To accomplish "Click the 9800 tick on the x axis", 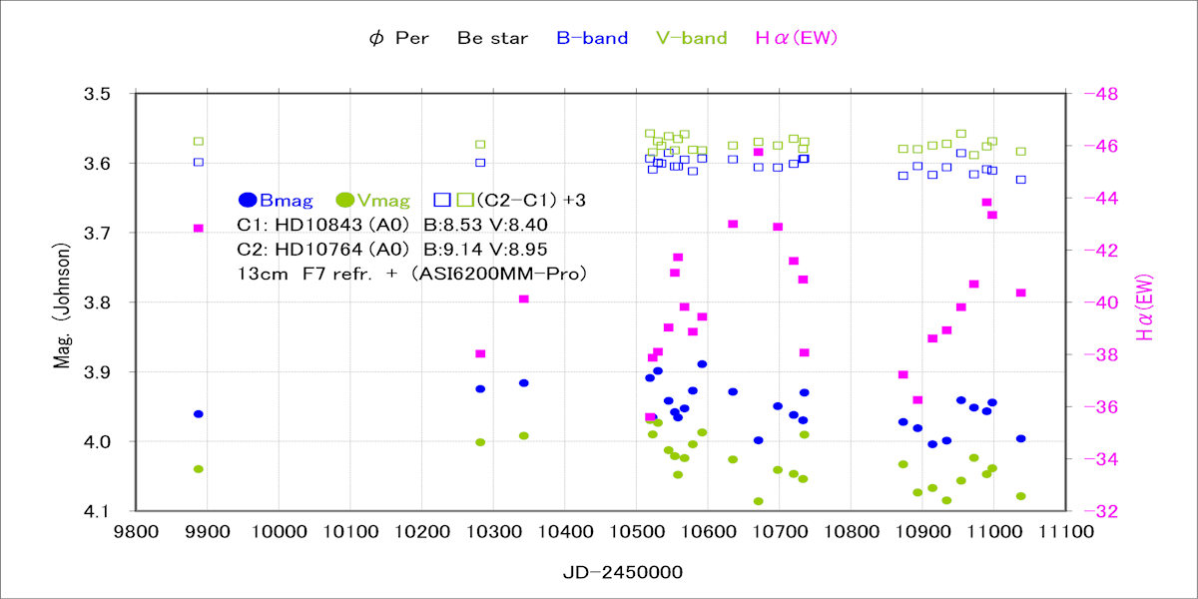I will [135, 533].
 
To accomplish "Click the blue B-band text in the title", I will [592, 39].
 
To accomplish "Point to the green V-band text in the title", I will [692, 39].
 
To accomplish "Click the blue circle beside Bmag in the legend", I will [249, 200].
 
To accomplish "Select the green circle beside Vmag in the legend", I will [345, 200].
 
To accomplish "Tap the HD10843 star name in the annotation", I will [311, 225].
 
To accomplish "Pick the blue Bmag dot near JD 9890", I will [199, 413].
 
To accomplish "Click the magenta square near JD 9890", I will [199, 229].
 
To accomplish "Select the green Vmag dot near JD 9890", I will [199, 469].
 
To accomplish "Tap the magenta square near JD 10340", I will [523, 299].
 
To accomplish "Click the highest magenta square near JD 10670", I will [759, 152].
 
